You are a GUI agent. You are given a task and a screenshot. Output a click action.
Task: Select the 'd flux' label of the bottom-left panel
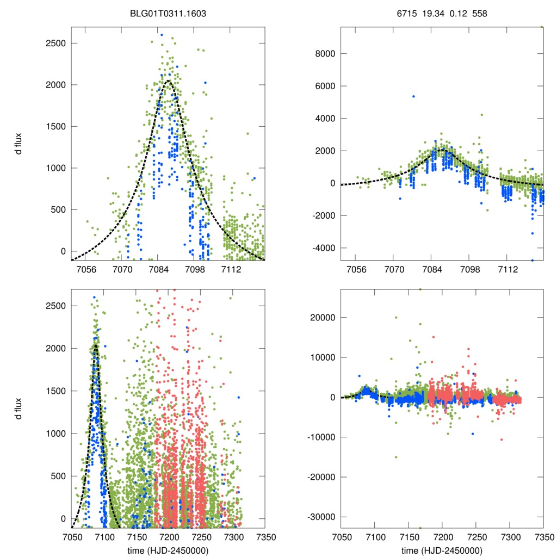(18, 408)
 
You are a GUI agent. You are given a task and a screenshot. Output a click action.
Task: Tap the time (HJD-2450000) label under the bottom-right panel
(442, 549)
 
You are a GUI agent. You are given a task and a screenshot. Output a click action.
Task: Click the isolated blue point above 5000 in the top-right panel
(413, 96)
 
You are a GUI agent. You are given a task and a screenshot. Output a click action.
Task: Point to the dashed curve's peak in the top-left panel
(168, 81)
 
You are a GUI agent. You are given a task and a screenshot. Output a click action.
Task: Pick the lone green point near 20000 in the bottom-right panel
(396, 318)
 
